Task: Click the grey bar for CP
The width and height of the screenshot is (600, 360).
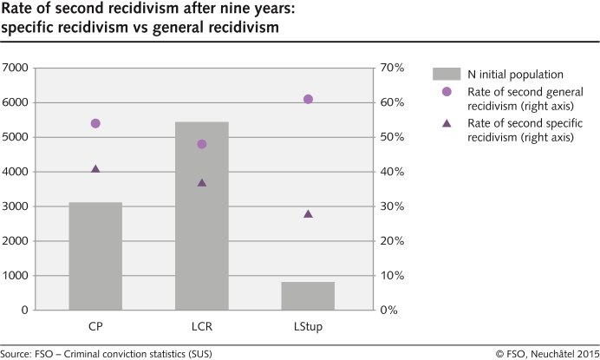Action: [x=95, y=256]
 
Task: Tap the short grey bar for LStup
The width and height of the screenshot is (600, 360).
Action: [x=308, y=296]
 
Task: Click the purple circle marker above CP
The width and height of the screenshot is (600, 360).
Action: [x=95, y=123]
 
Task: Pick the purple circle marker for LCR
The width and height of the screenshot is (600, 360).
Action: [x=202, y=144]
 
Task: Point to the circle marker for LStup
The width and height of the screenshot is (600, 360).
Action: [x=308, y=99]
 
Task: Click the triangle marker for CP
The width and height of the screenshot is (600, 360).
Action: [x=95, y=169]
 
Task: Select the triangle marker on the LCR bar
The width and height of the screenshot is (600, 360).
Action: [x=202, y=183]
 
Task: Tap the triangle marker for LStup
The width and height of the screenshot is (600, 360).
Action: [x=308, y=213]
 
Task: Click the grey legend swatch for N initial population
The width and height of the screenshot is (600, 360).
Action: [x=446, y=75]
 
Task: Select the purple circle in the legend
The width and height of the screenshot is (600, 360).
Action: [x=446, y=92]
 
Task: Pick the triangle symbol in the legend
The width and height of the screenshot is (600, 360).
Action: [x=446, y=123]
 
